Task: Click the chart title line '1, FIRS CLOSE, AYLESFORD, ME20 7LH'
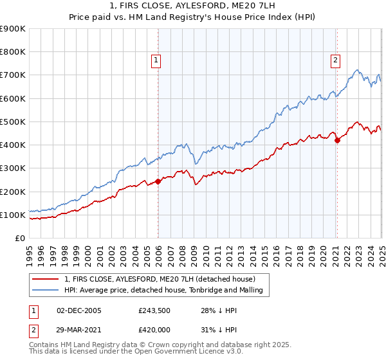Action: point(192,7)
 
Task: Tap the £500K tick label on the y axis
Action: point(13,122)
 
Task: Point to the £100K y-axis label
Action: point(13,215)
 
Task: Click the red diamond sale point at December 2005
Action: point(158,181)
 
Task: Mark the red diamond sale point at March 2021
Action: point(337,140)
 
